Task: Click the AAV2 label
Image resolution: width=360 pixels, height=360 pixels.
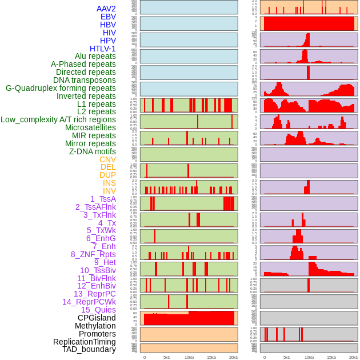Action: pos(106,9)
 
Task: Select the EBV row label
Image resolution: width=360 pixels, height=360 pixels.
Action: pos(108,17)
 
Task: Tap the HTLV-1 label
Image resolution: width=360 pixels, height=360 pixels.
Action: pos(102,49)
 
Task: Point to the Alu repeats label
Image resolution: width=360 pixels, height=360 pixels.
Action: pos(95,56)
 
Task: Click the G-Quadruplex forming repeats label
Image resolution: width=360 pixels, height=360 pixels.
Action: pos(61,88)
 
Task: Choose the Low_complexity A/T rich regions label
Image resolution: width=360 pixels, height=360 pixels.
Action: pos(58,119)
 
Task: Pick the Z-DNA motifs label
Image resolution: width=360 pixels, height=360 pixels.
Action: pos(92,151)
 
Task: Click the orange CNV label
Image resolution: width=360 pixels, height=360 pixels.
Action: pos(107,159)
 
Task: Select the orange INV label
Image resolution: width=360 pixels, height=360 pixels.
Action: pos(109,191)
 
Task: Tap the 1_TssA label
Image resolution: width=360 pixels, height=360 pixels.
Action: pos(103,199)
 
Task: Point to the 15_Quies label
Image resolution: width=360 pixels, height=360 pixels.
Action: pos(98,310)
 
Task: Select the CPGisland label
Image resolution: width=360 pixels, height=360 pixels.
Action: pos(97,318)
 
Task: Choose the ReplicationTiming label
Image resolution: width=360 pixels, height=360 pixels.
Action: pos(84,342)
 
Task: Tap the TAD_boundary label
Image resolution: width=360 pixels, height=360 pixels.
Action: pos(89,349)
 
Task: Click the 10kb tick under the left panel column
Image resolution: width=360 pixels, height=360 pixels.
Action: pos(189,357)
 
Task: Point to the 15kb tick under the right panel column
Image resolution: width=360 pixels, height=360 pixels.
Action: pos(331,357)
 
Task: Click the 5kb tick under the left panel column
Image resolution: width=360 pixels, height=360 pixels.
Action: pos(167,357)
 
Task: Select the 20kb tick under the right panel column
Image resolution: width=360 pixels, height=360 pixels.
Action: pos(354,357)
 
